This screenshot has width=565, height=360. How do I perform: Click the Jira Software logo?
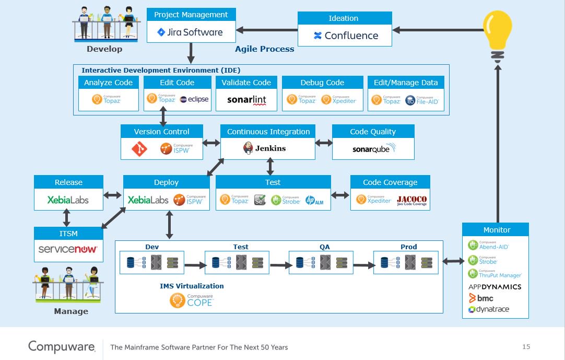[x=190, y=32]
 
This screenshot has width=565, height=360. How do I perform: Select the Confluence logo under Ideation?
[x=345, y=36]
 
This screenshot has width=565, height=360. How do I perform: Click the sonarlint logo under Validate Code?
[x=246, y=100]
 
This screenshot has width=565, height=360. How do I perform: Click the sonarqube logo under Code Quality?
[x=373, y=149]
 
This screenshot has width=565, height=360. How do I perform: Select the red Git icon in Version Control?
[x=139, y=150]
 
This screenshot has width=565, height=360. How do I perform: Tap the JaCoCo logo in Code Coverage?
[x=411, y=200]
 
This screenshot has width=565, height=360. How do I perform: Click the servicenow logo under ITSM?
[x=67, y=249]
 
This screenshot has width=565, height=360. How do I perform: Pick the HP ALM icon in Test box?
[x=314, y=200]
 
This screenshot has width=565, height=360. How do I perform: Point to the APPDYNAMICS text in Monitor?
[x=495, y=287]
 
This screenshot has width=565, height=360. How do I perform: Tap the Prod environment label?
[x=408, y=247]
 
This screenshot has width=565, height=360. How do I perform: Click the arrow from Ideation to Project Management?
[x=266, y=30]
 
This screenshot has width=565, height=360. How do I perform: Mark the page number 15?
[x=526, y=347]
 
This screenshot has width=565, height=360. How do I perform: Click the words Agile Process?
[x=264, y=49]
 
